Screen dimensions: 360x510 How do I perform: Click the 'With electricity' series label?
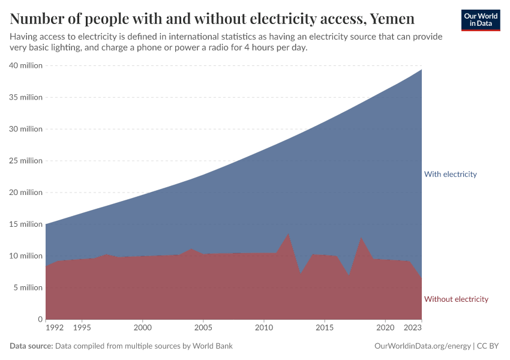(450, 174)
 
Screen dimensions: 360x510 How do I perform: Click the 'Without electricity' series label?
(456, 299)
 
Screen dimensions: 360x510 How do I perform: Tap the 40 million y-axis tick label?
(26, 65)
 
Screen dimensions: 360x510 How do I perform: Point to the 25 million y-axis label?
(26, 161)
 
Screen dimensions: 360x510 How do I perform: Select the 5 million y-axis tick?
(28, 287)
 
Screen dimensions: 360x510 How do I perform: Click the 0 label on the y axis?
(40, 319)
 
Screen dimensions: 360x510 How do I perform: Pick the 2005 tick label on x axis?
(203, 328)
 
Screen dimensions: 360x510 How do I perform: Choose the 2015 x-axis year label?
(325, 328)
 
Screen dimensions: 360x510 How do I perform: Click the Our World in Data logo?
(480, 20)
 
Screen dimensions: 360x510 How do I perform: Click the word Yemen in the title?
(392, 19)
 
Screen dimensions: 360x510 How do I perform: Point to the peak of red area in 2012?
(289, 233)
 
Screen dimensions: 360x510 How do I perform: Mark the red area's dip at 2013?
(301, 275)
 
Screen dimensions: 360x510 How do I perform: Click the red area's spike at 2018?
(361, 238)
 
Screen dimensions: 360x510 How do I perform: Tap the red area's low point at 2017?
(349, 276)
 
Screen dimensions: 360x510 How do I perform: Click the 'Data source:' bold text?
(31, 346)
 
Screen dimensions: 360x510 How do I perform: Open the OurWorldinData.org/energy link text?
(422, 346)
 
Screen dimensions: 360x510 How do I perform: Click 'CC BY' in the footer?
(488, 346)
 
